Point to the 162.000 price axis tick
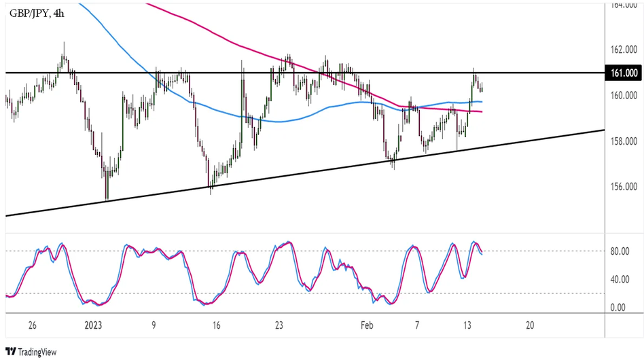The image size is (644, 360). coord(622,50)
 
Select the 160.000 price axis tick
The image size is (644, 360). coord(622,96)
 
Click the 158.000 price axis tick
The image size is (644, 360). coord(622,141)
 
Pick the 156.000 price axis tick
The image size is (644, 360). coord(622,187)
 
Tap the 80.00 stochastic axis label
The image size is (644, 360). coord(619,251)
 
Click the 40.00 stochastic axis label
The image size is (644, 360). coord(619,279)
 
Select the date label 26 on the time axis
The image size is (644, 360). coord(33,325)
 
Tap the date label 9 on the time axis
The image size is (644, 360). coord(154,325)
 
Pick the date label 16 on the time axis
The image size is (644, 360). coord(215,325)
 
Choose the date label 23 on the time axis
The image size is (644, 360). coord(279,325)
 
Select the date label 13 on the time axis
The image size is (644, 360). coord(468,325)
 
